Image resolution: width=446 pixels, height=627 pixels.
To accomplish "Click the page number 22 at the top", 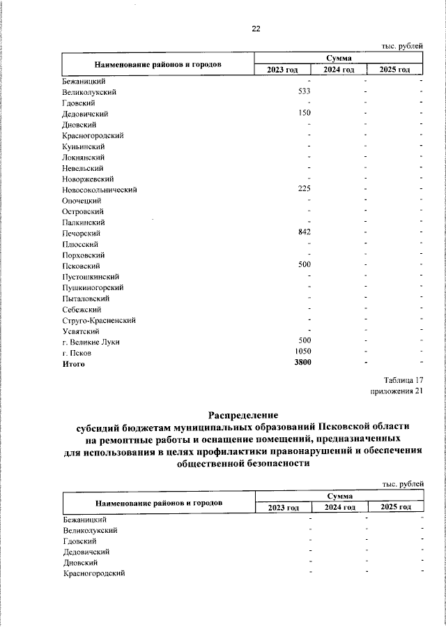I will [x=255, y=29].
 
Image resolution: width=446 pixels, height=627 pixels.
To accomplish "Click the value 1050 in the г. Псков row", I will [x=302, y=353].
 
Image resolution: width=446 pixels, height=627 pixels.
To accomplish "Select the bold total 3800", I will [x=302, y=363].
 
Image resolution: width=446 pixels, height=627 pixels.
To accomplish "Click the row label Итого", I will [x=73, y=364].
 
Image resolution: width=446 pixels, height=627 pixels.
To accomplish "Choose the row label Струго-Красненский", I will [x=98, y=320].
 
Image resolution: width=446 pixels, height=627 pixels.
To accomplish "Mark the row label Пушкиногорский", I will [x=93, y=287].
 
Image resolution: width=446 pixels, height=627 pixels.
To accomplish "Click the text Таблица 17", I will [x=403, y=381].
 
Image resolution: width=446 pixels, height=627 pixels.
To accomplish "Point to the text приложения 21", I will [x=397, y=391].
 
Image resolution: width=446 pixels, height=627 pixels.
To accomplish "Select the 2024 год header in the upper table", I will [x=339, y=70].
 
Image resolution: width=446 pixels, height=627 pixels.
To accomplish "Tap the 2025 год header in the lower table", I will [x=395, y=507].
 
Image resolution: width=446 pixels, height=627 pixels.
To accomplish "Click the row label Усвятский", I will [x=81, y=331].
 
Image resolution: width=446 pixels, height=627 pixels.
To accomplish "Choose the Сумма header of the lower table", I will [x=339, y=495].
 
